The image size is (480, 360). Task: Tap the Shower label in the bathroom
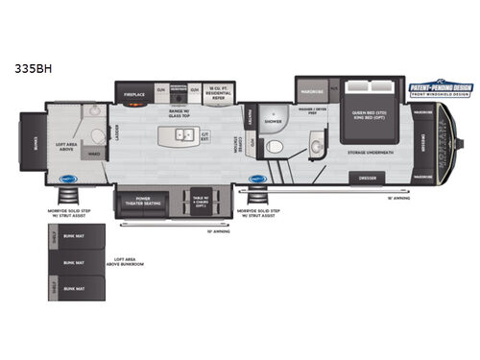pos(274,122)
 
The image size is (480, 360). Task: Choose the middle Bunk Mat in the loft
pos(69,262)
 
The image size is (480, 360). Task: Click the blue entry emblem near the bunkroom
pos(67,178)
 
